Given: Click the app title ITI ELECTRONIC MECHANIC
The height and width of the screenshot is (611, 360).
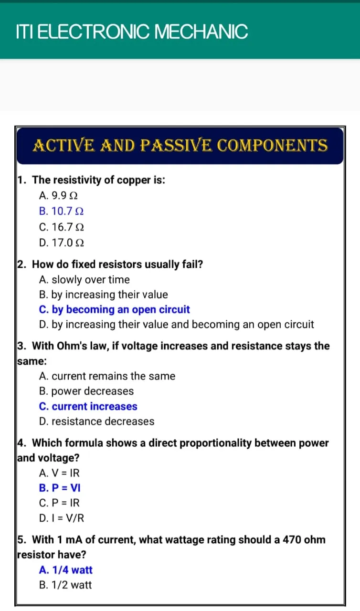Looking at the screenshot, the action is tap(132, 32).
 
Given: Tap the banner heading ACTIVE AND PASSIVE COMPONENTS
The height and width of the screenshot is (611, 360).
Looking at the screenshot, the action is tap(180, 145).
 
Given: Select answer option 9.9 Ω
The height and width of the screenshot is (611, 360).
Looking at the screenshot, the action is tap(58, 196).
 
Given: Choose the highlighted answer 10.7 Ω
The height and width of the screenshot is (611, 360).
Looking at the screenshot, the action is tap(62, 211).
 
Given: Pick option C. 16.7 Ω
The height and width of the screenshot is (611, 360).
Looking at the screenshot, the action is tap(62, 227).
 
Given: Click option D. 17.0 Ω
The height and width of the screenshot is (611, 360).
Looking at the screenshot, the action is tap(62, 243).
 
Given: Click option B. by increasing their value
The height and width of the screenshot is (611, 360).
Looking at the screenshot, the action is tap(103, 295).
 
